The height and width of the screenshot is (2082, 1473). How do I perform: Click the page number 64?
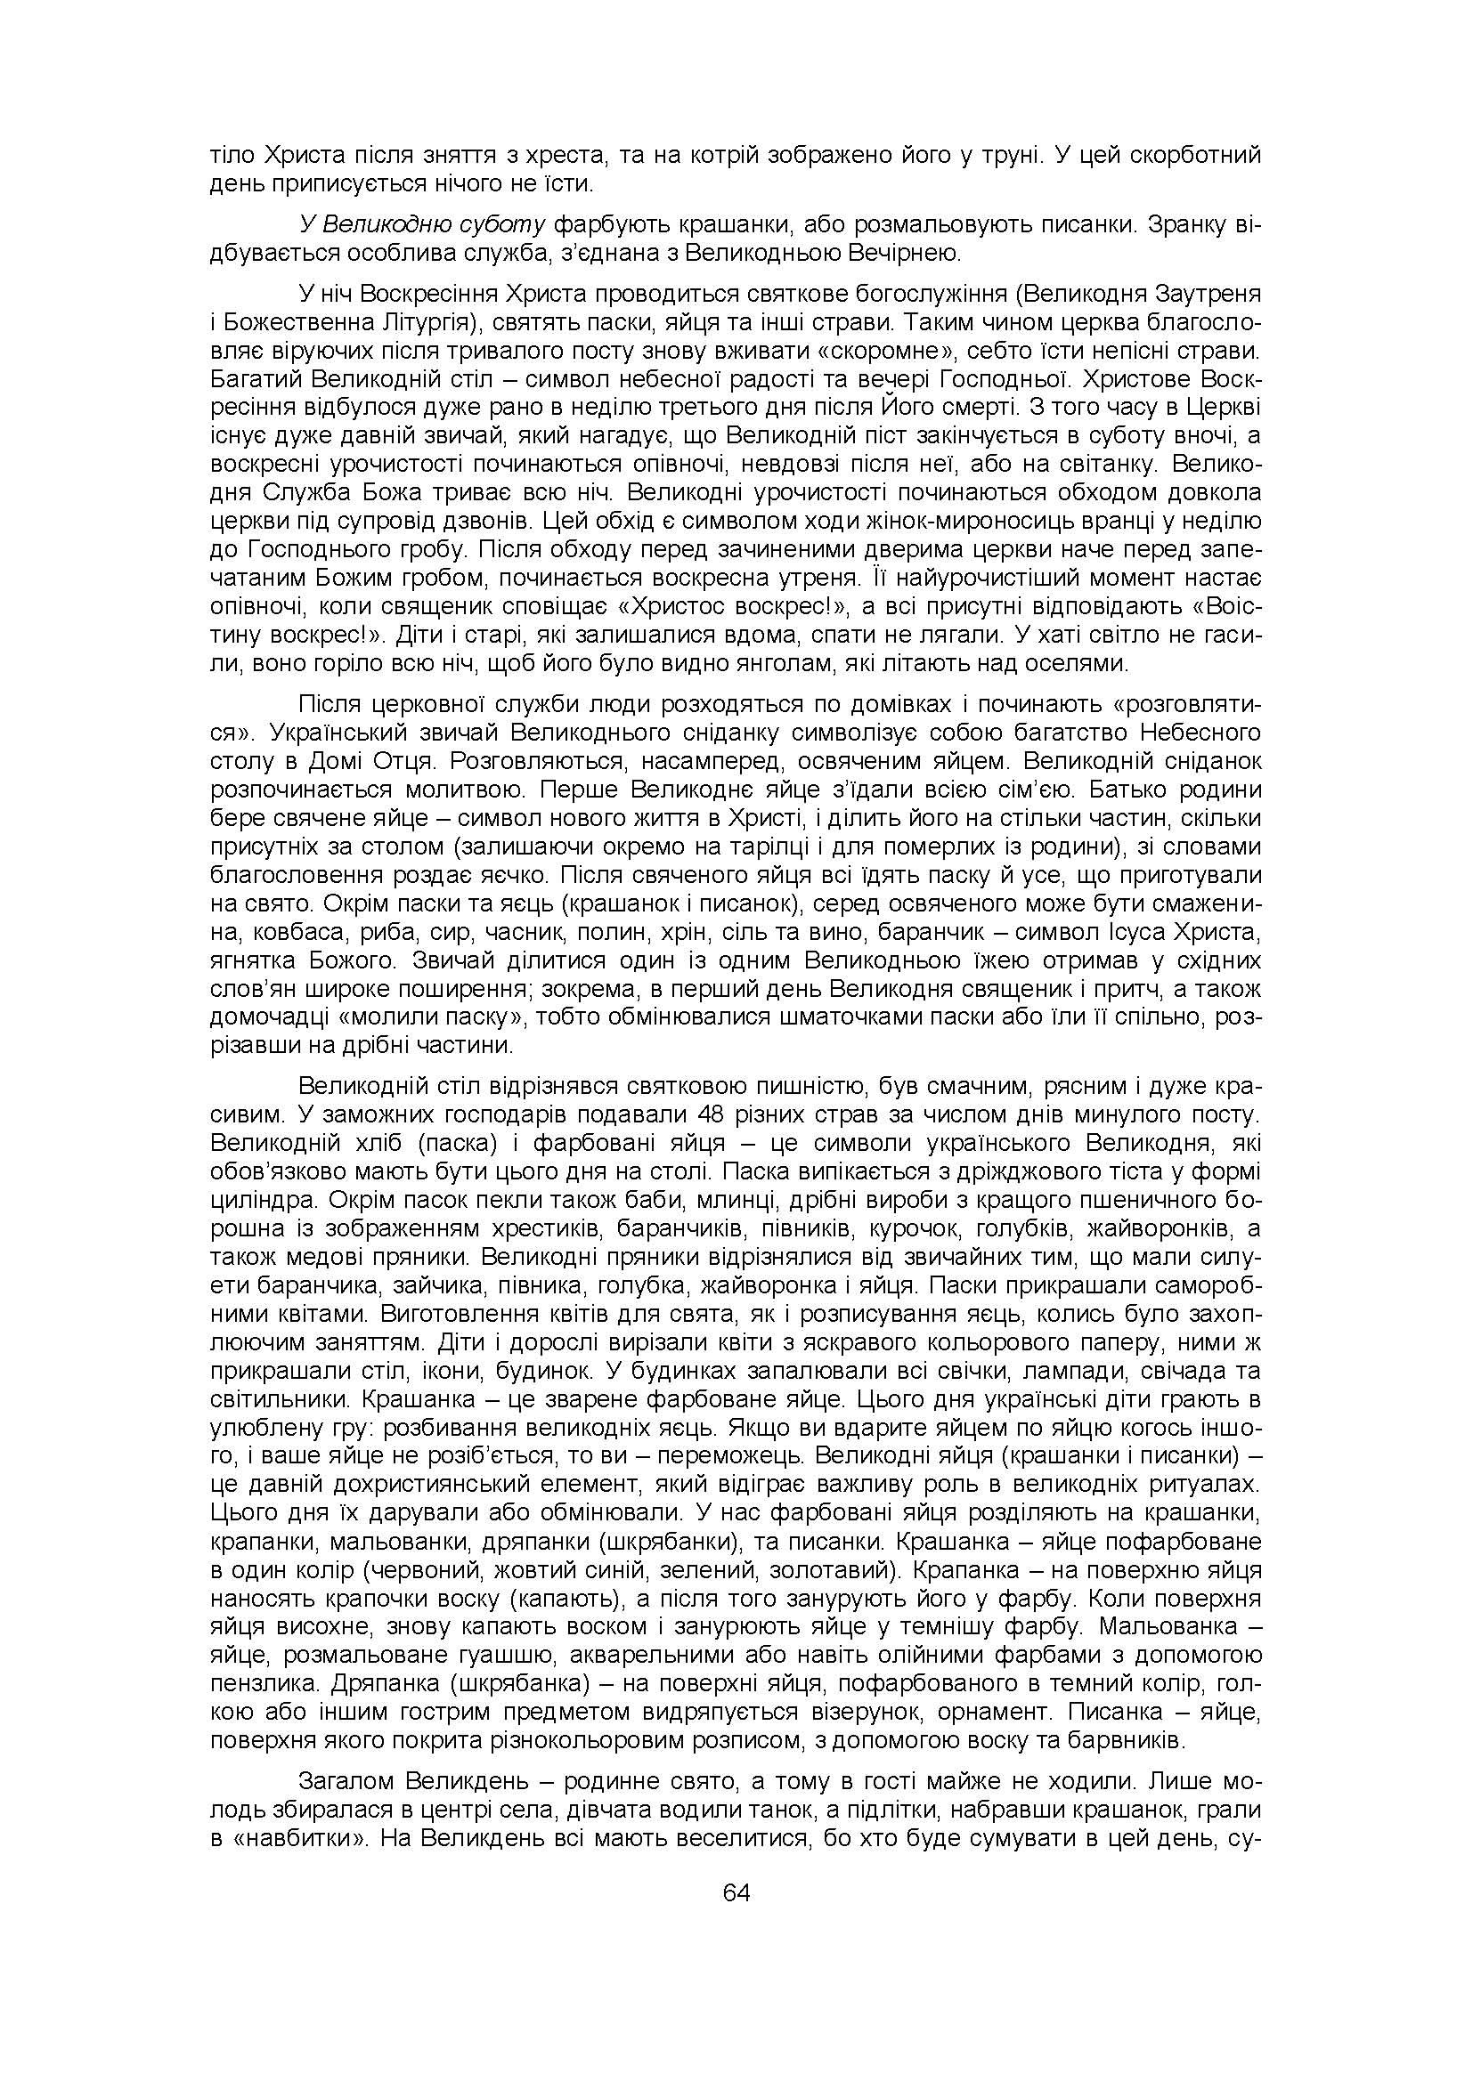(x=736, y=1893)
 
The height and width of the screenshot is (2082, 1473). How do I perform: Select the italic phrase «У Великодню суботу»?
(x=422, y=224)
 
